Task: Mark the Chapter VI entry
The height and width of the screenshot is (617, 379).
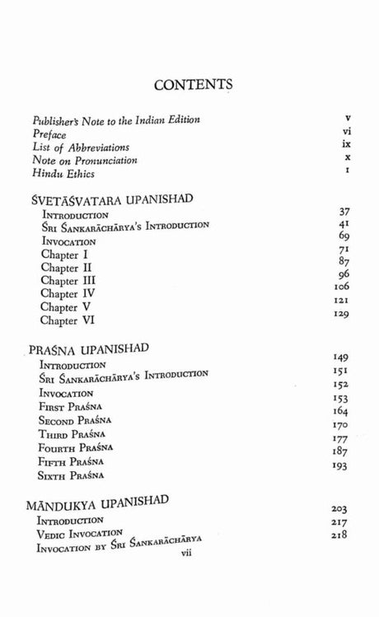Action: (x=70, y=320)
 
